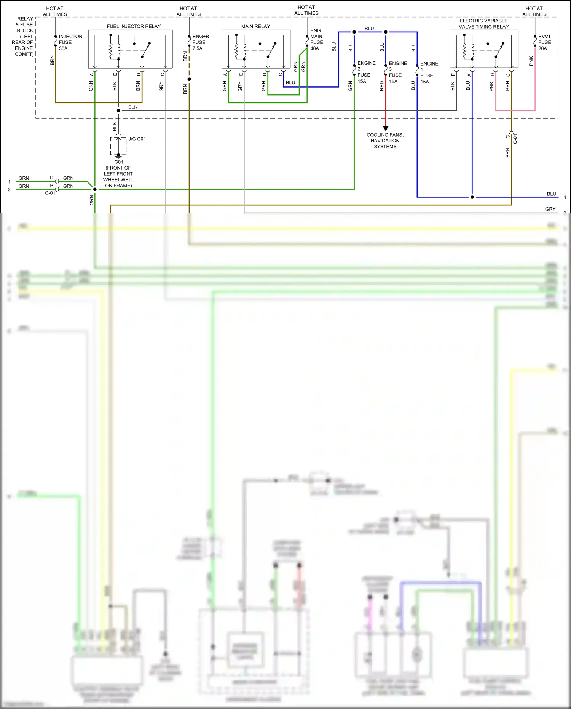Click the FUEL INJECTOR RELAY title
pyautogui.click(x=134, y=26)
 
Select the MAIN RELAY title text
pyautogui.click(x=255, y=26)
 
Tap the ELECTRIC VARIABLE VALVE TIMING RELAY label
pyautogui.click(x=483, y=24)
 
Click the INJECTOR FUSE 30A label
pyautogui.click(x=70, y=42)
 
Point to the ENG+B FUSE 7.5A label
pyautogui.click(x=200, y=42)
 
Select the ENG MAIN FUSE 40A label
pyautogui.click(x=316, y=39)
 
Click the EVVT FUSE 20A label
pyautogui.click(x=544, y=42)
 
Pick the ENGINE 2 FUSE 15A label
pyautogui.click(x=366, y=72)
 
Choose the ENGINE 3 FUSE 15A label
pyautogui.click(x=397, y=72)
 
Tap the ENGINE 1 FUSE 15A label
pyautogui.click(x=429, y=73)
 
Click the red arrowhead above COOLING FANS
pyautogui.click(x=386, y=128)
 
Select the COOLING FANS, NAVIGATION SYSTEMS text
pyautogui.click(x=385, y=141)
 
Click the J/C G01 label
pyautogui.click(x=137, y=139)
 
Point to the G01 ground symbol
pyautogui.click(x=118, y=155)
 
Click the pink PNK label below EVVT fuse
pyautogui.click(x=531, y=61)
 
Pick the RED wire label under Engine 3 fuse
pyautogui.click(x=382, y=86)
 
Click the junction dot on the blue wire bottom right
pyautogui.click(x=472, y=197)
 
